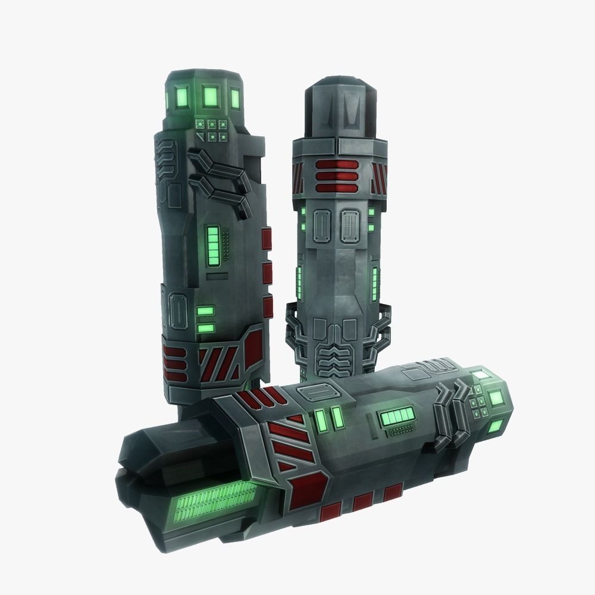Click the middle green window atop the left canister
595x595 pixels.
[x=210, y=95]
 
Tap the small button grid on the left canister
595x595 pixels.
[x=212, y=130]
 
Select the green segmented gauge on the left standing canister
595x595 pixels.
[x=212, y=246]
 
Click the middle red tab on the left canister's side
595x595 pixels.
[x=267, y=273]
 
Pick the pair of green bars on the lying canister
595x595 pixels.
[x=330, y=418]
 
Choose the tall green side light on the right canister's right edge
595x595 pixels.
[x=375, y=284]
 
